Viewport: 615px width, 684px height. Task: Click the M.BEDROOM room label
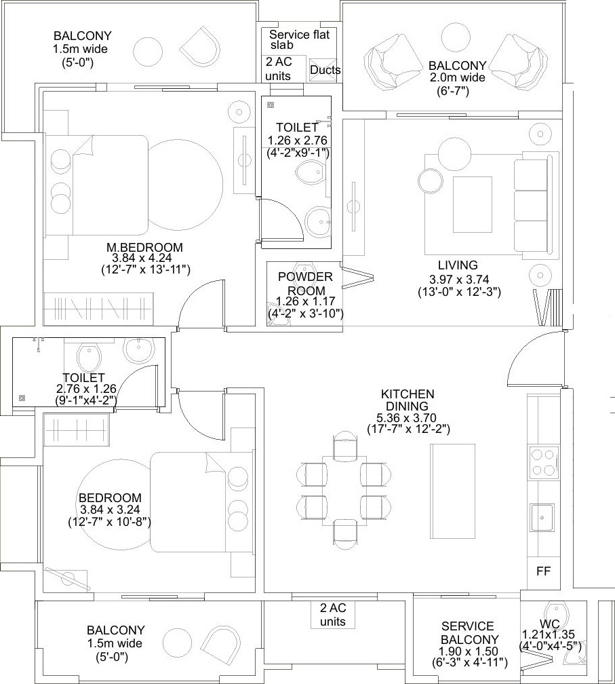point(144,247)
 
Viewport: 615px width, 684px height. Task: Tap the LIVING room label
point(458,265)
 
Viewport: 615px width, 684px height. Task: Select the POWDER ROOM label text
point(305,284)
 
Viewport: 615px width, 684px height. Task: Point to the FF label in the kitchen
point(544,571)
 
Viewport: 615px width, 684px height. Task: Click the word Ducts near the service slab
point(325,71)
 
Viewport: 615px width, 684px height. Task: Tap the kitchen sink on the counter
point(543,518)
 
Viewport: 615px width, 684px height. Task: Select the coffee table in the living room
point(473,205)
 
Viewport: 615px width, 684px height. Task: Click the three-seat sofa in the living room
point(534,205)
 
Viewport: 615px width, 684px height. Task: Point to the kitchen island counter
point(452,491)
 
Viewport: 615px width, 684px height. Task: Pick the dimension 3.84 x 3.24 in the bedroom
point(110,510)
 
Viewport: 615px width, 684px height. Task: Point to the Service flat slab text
point(299,39)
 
